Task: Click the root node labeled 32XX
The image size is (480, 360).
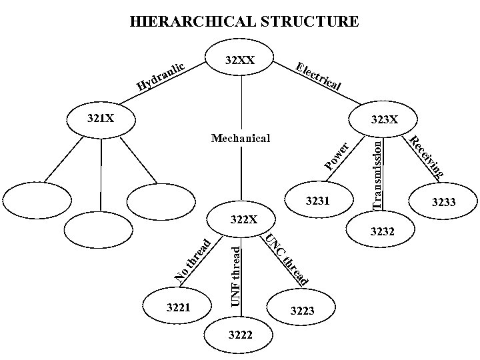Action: [x=240, y=61]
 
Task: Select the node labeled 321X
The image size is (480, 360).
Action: [x=101, y=119]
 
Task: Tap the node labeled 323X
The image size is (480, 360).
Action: [x=384, y=120]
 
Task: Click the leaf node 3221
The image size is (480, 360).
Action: [x=179, y=308]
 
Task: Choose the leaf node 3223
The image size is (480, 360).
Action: [x=301, y=311]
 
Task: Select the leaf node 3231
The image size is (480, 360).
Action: [x=317, y=200]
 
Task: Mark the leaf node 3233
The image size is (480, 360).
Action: [x=443, y=201]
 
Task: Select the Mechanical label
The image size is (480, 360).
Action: [x=240, y=139]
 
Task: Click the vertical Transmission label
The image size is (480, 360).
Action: [x=377, y=172]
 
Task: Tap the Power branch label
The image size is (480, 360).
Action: [x=336, y=155]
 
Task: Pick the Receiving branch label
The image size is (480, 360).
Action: [x=426, y=157]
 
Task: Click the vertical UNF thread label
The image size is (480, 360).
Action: [x=235, y=275]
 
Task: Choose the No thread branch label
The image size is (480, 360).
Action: [x=193, y=259]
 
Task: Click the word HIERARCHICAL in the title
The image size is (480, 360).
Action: [x=191, y=22]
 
